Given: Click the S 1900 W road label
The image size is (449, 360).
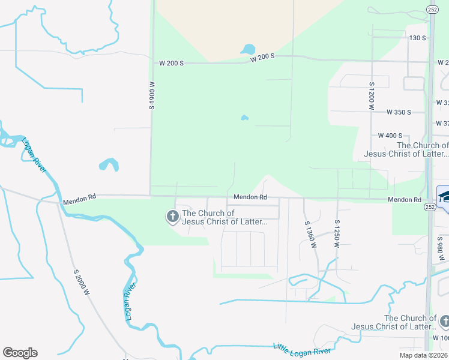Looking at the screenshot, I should coord(152,97).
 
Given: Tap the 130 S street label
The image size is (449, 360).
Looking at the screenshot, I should coord(417,38).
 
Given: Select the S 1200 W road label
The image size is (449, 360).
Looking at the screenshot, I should coord(372,95).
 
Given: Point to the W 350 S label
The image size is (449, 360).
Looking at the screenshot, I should coord(399,112).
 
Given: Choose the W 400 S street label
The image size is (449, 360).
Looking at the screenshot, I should coord(390,136).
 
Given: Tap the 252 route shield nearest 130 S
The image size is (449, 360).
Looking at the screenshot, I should coord(432,10).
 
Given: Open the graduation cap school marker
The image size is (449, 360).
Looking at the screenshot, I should coord(445,196).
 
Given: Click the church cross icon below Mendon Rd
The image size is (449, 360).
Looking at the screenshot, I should coord(172,216).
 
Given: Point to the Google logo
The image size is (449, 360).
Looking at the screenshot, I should coord(20,353).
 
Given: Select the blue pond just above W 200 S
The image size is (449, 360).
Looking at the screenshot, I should coord(247,49).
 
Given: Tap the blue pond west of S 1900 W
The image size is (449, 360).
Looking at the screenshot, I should coord(109,164).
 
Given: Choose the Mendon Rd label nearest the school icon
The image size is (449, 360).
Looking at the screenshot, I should coord(404,199).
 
